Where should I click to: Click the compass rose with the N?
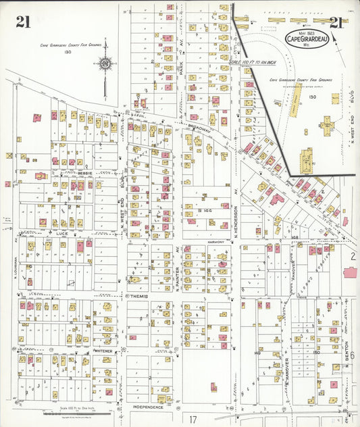[x=106, y=64]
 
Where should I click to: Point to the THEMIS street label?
[x=138, y=296]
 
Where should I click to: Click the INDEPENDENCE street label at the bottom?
[x=147, y=407]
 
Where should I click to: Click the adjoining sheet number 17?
[x=193, y=419]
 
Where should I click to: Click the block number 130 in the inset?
[x=312, y=97]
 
